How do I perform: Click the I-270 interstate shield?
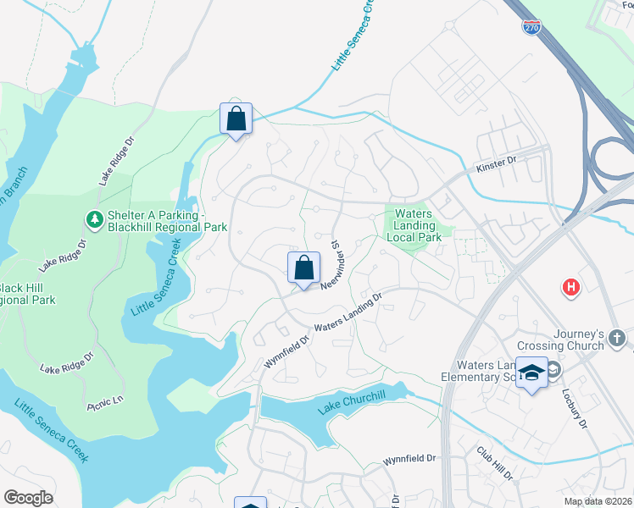pyautogui.click(x=531, y=27)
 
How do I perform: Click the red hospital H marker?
pyautogui.click(x=571, y=288)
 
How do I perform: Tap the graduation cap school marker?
pyautogui.click(x=531, y=373)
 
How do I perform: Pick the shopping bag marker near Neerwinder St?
pyautogui.click(x=303, y=269)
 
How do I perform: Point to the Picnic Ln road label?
pyautogui.click(x=105, y=403)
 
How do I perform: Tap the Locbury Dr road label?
pyautogui.click(x=574, y=406)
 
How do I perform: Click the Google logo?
pyautogui.click(x=29, y=498)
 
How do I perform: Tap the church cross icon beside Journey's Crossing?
pyautogui.click(x=616, y=337)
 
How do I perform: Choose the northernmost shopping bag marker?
pyautogui.click(x=236, y=119)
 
